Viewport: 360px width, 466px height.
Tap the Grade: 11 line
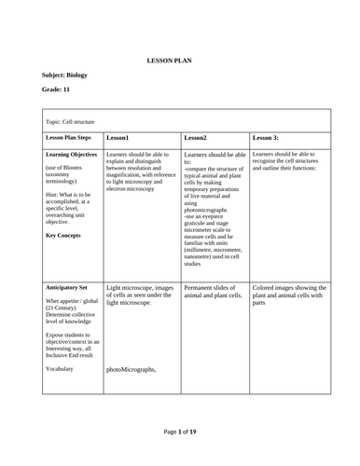tap(57, 90)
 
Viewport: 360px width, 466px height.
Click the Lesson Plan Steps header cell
tap(70, 136)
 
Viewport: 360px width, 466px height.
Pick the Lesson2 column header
tap(195, 136)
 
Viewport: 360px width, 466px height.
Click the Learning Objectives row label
tap(71, 154)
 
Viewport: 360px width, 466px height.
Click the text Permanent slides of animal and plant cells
tap(214, 295)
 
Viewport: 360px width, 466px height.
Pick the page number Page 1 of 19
tap(179, 432)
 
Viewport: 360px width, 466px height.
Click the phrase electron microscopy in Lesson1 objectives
tap(133, 189)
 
